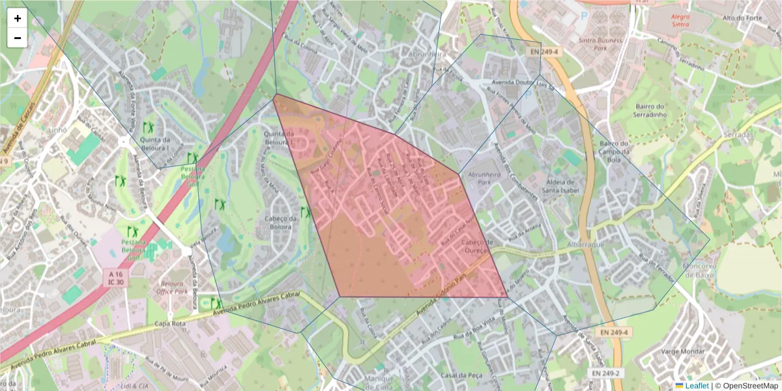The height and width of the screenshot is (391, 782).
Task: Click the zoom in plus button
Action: [x=18, y=18]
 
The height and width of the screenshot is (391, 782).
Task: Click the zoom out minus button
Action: [x=18, y=38]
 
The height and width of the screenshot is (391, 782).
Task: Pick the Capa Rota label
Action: [x=169, y=323]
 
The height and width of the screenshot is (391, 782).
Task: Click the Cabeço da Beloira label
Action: [x=281, y=224]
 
